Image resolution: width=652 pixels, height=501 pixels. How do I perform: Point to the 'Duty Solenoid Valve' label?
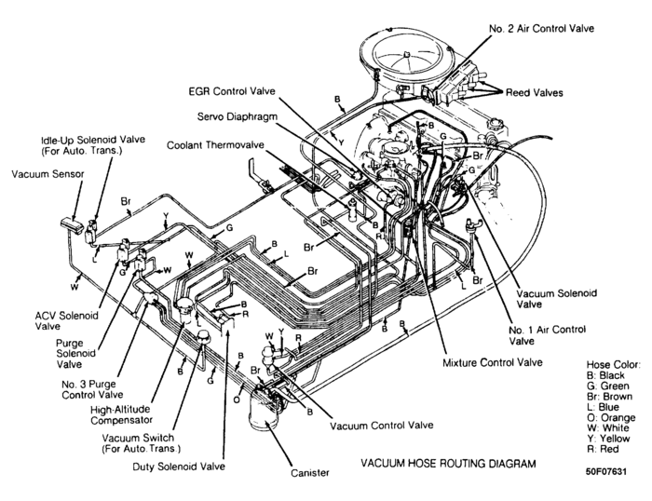click(x=182, y=466)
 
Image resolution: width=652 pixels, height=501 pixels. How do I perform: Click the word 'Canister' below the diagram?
click(x=309, y=473)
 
